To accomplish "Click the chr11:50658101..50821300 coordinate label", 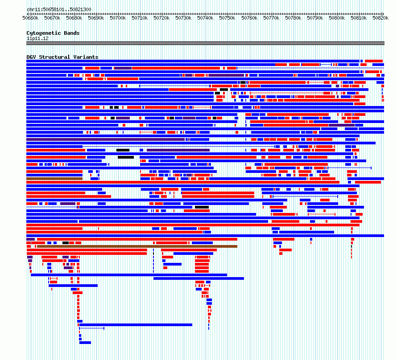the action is [x=59, y=9].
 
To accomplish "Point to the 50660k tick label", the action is [x=30, y=18].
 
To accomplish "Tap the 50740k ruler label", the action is [x=205, y=18].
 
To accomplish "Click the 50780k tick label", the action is [x=293, y=18].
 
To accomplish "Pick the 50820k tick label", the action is [x=380, y=18].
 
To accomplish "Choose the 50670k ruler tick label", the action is [x=52, y=18].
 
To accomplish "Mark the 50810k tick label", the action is [x=359, y=18].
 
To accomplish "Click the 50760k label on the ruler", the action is [x=249, y=18].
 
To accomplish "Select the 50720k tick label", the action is [x=161, y=18].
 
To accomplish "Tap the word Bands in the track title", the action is [x=72, y=33].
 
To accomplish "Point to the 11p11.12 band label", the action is [x=37, y=38].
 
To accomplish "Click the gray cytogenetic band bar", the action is [x=205, y=43].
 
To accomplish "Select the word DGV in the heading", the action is [x=31, y=57].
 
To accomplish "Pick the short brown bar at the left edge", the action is [x=54, y=179].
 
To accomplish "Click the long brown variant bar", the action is [x=137, y=246].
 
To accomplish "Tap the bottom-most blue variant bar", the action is [x=85, y=343].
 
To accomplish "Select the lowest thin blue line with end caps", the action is [x=91, y=328].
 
